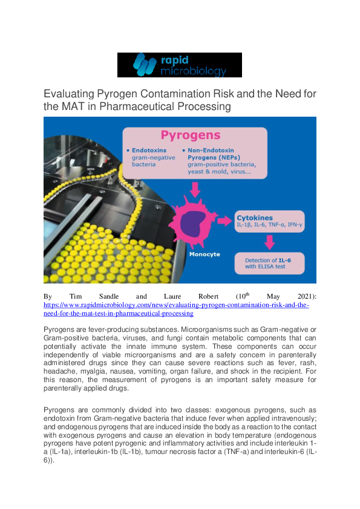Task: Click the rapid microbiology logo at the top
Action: [x=180, y=65]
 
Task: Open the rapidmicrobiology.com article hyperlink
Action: [x=176, y=305]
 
